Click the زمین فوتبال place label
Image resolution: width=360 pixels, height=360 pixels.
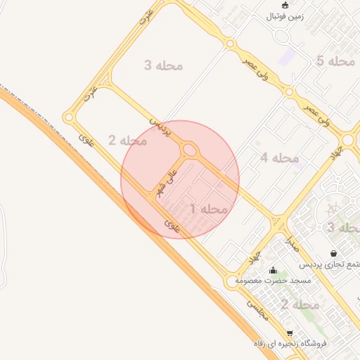pyautogui.click(x=283, y=16)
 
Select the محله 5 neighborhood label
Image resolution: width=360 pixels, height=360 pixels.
pyautogui.click(x=335, y=62)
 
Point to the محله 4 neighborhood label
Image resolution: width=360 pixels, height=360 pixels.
pyautogui.click(x=279, y=158)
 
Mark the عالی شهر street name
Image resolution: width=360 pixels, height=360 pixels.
pyautogui.click(x=164, y=182)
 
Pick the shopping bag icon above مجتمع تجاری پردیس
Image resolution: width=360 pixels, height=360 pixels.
pyautogui.click(x=333, y=253)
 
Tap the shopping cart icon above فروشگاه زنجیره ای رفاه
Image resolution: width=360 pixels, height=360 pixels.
pyautogui.click(x=289, y=333)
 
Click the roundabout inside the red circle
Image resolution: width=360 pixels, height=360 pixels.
pyautogui.click(x=189, y=150)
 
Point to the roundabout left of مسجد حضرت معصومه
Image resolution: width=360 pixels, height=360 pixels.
pyautogui.click(x=232, y=283)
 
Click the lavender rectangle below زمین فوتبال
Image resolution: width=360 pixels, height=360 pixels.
pyautogui.click(x=287, y=56)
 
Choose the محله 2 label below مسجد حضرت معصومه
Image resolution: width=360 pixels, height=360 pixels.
pyautogui.click(x=300, y=304)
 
